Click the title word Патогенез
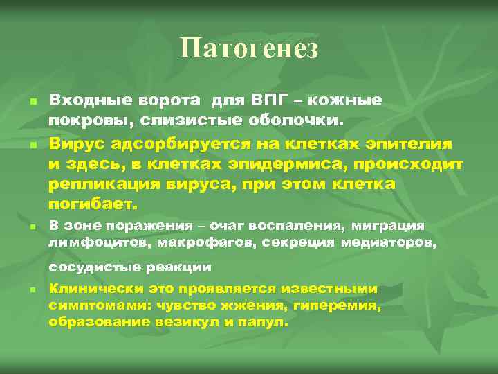click(249, 48)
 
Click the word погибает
click(93, 206)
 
